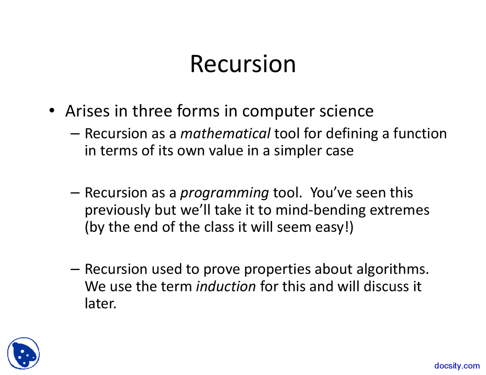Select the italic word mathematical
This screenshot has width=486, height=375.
click(x=226, y=133)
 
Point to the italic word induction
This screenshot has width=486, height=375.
click(x=226, y=286)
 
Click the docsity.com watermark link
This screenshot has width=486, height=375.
click(x=457, y=366)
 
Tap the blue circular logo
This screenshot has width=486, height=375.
click(x=24, y=353)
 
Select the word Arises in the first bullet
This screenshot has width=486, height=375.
click(x=87, y=111)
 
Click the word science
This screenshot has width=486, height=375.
click(x=346, y=111)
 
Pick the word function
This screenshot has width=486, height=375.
click(x=420, y=133)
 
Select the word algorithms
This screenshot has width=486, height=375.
click(x=393, y=269)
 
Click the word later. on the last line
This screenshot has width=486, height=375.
click(x=101, y=304)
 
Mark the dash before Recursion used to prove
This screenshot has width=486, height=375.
click(x=75, y=269)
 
